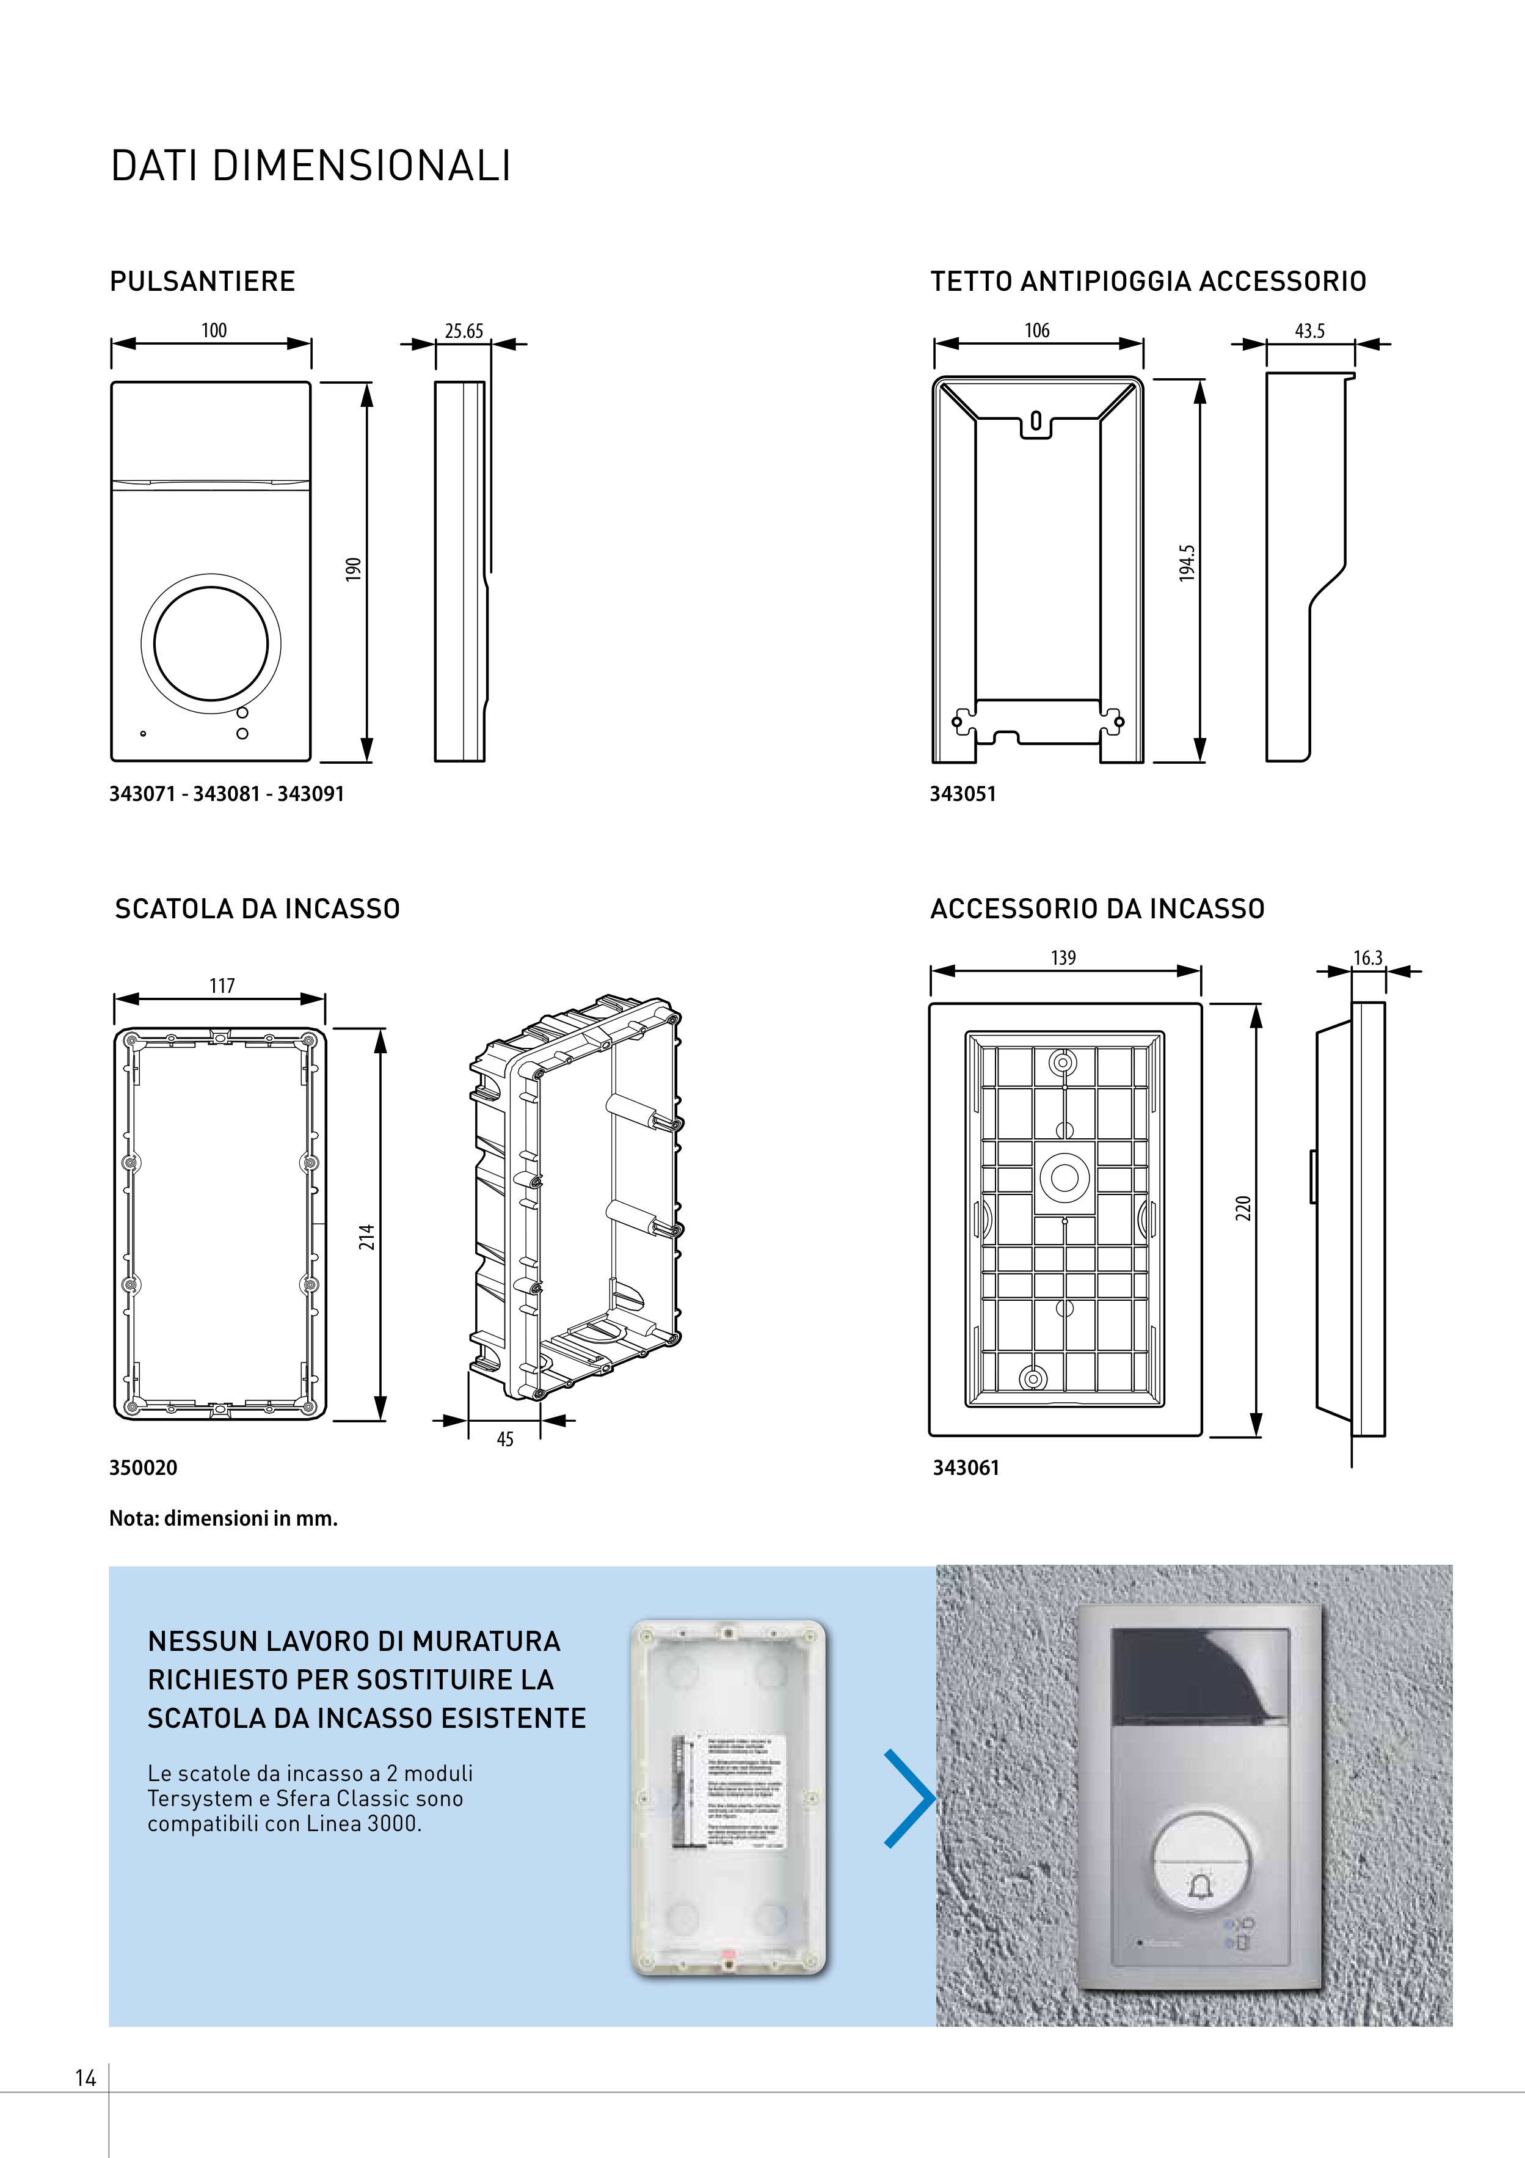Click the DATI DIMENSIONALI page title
(x=311, y=166)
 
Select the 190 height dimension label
(x=353, y=569)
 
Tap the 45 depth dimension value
(x=504, y=1439)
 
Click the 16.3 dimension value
(x=1367, y=958)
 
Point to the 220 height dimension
(x=1243, y=1208)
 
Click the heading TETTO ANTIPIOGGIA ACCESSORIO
(x=1148, y=281)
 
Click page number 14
(x=86, y=2078)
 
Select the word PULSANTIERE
(x=202, y=281)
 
